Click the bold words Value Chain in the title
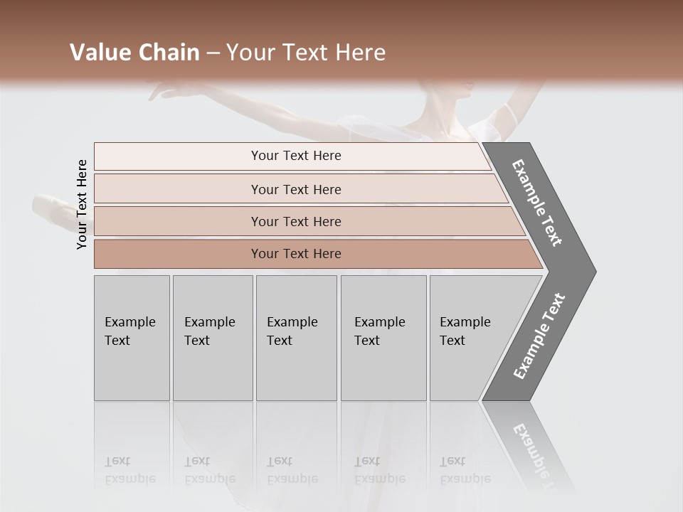pos(134,53)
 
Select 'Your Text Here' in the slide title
pos(306,53)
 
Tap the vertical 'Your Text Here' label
pos(82,204)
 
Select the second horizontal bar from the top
pos(296,189)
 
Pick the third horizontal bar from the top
pos(296,221)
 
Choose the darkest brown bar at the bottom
pos(296,254)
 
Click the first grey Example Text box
pos(132,338)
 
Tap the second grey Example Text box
pos(212,338)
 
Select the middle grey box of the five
pos(296,338)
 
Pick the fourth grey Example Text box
pos(383,338)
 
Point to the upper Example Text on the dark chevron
pos(538,203)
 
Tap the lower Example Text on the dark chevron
pos(539,336)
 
